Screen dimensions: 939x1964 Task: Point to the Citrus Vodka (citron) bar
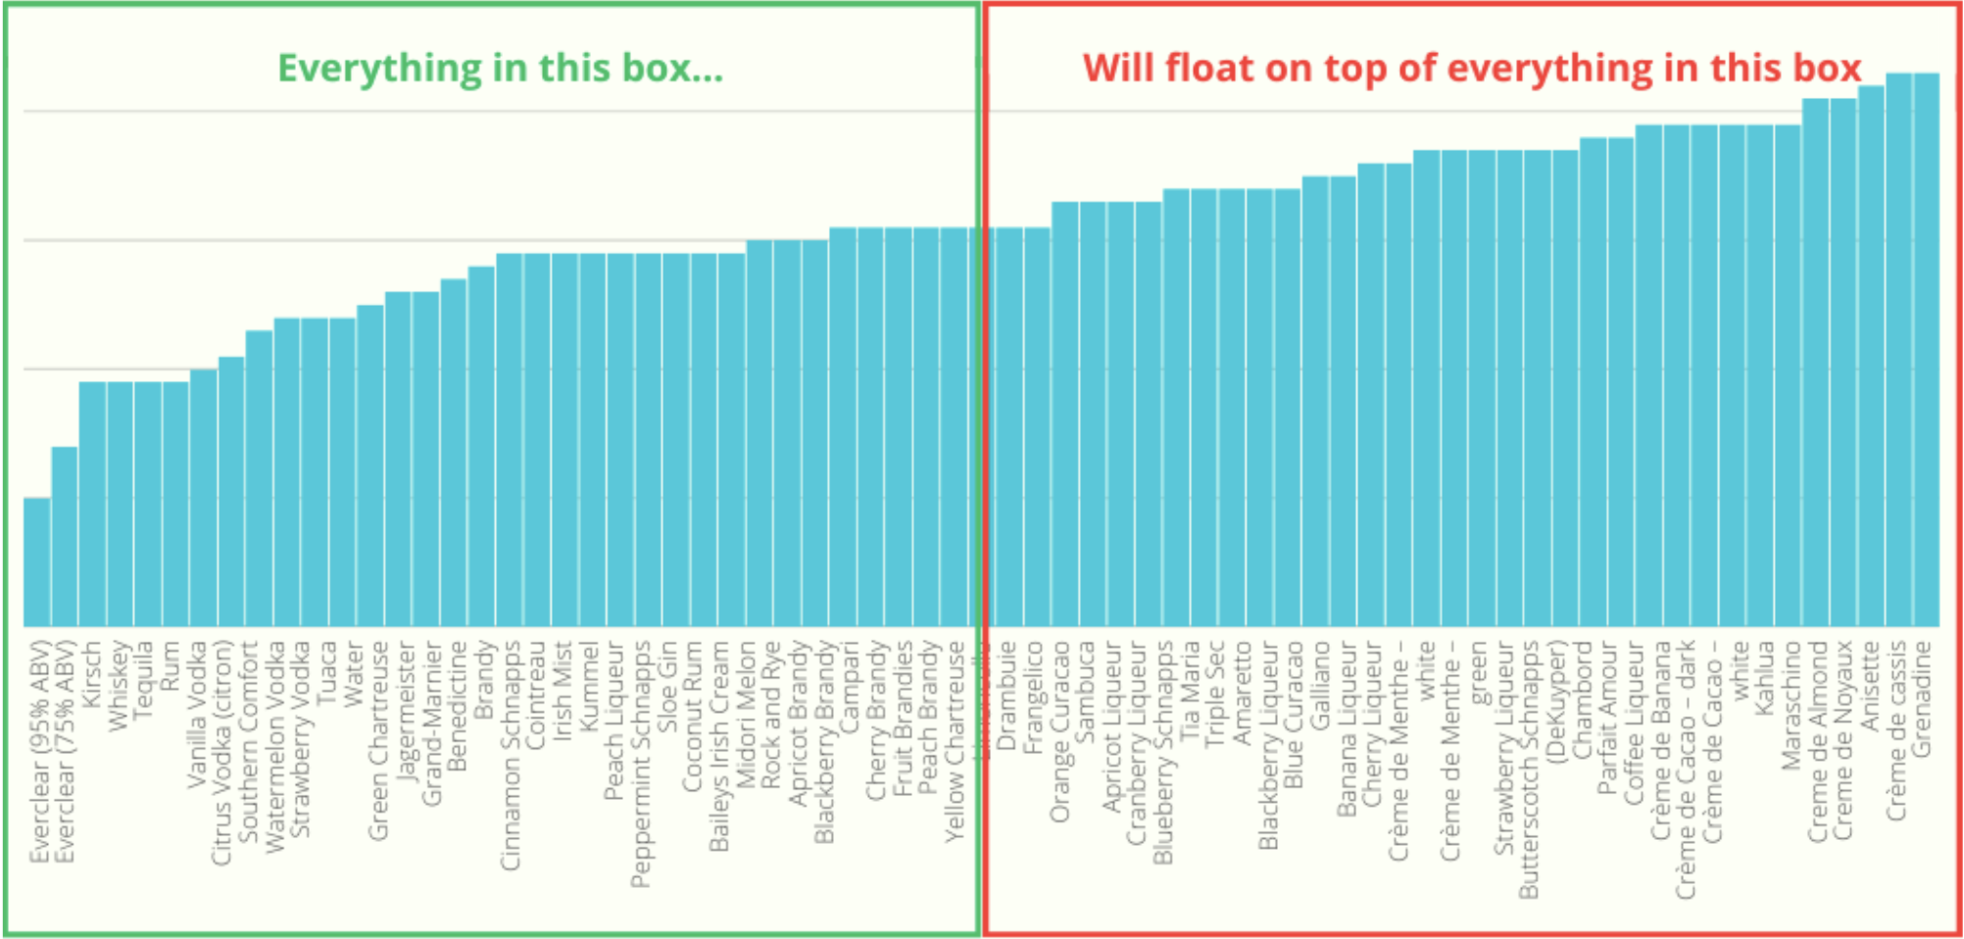click(231, 491)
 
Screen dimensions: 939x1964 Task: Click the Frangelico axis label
click(1033, 697)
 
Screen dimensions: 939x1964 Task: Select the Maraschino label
click(1792, 705)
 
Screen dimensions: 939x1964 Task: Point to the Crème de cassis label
click(1897, 730)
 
